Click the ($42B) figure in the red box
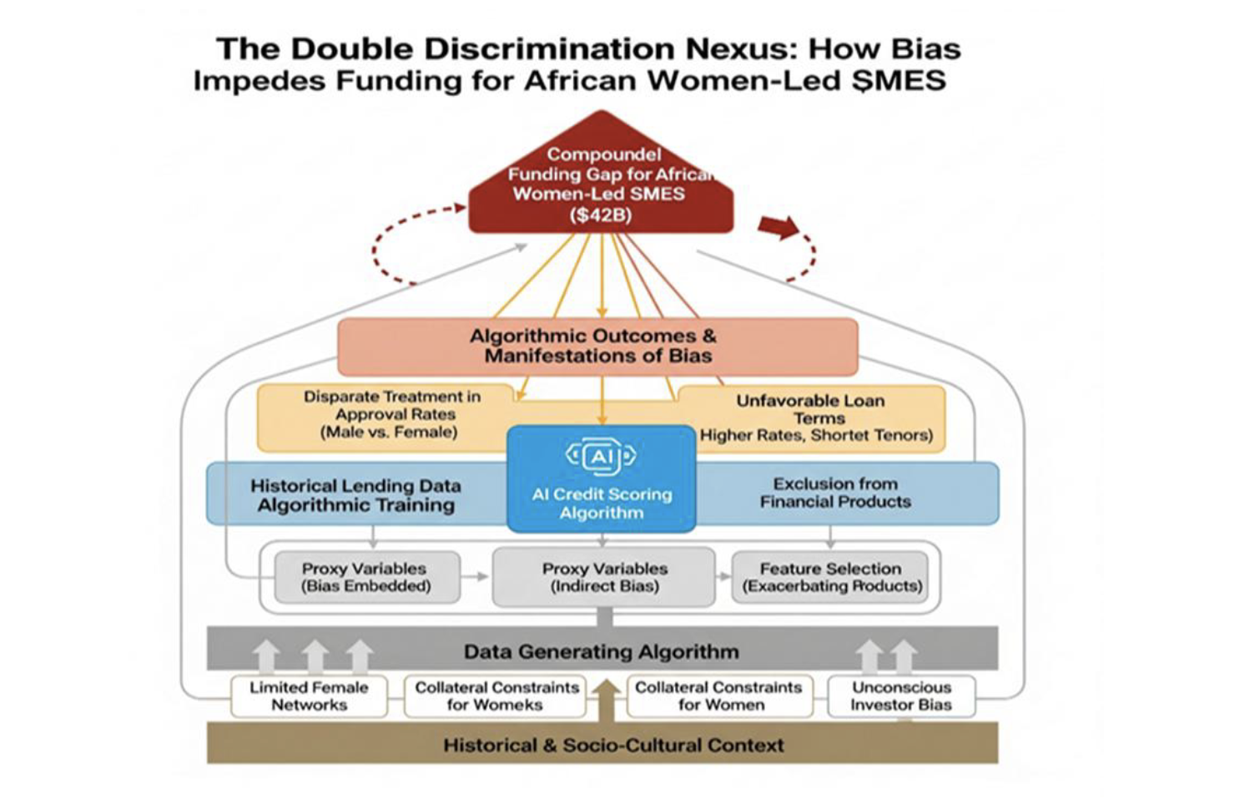pyautogui.click(x=601, y=215)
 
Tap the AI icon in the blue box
pyautogui.click(x=601, y=456)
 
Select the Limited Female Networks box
pyautogui.click(x=309, y=696)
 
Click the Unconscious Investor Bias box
pyautogui.click(x=901, y=696)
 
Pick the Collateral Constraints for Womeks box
pyautogui.click(x=496, y=696)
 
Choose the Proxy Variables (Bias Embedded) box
pyautogui.click(x=365, y=577)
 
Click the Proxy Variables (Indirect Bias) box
pyautogui.click(x=604, y=577)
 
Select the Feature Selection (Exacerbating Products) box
pyautogui.click(x=831, y=577)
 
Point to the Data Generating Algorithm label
pyautogui.click(x=601, y=651)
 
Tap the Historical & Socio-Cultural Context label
pyautogui.click(x=613, y=745)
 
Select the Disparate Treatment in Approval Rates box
pyautogui.click(x=391, y=414)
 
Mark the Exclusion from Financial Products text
pyautogui.click(x=835, y=493)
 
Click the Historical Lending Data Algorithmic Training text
pyautogui.click(x=355, y=495)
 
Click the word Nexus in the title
pyautogui.click(x=734, y=48)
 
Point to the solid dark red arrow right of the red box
pyautogui.click(x=779, y=226)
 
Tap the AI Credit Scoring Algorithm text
pyautogui.click(x=602, y=503)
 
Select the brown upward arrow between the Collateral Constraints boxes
pyautogui.click(x=607, y=700)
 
